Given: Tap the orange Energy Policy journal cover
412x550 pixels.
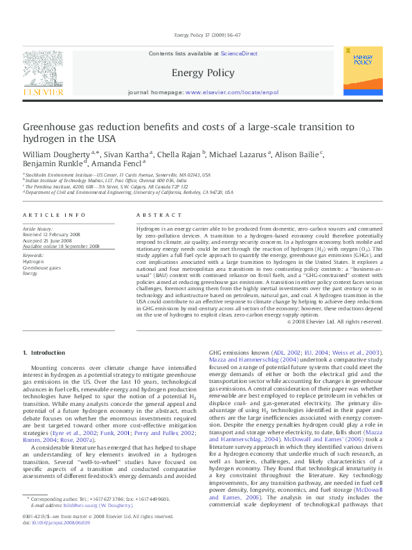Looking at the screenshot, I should (362, 71).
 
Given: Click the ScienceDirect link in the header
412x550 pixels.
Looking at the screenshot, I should (239, 53).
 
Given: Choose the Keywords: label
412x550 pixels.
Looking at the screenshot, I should (33, 256).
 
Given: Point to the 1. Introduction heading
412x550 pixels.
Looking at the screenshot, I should (45, 353).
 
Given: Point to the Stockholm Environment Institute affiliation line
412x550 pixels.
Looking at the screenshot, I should (118, 176).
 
